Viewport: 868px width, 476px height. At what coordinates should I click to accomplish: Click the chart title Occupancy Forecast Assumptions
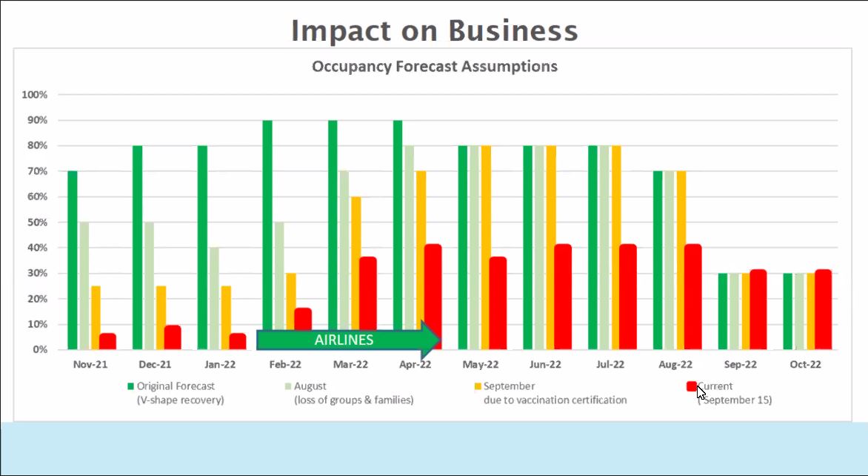434,66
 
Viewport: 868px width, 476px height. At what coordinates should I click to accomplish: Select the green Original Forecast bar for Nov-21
73,260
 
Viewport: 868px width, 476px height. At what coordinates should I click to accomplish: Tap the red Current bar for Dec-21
172,337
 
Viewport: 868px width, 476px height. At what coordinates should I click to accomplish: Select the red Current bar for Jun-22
563,297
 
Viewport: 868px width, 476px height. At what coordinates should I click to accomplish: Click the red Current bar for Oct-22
823,309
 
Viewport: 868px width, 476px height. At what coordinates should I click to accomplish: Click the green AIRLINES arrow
348,340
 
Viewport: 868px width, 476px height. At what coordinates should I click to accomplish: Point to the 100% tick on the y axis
35,95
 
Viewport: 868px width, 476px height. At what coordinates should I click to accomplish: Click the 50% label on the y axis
35,222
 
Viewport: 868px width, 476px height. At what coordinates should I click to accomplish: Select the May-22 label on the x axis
481,364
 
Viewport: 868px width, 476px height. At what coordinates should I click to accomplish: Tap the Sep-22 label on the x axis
741,364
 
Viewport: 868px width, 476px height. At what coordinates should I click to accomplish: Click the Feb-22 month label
286,364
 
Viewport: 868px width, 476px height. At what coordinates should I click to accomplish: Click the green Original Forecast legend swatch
130,386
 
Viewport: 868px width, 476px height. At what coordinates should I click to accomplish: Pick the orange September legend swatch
478,386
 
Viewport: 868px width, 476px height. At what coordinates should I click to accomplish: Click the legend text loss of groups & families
354,400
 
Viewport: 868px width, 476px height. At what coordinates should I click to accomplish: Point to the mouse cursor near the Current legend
701,391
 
